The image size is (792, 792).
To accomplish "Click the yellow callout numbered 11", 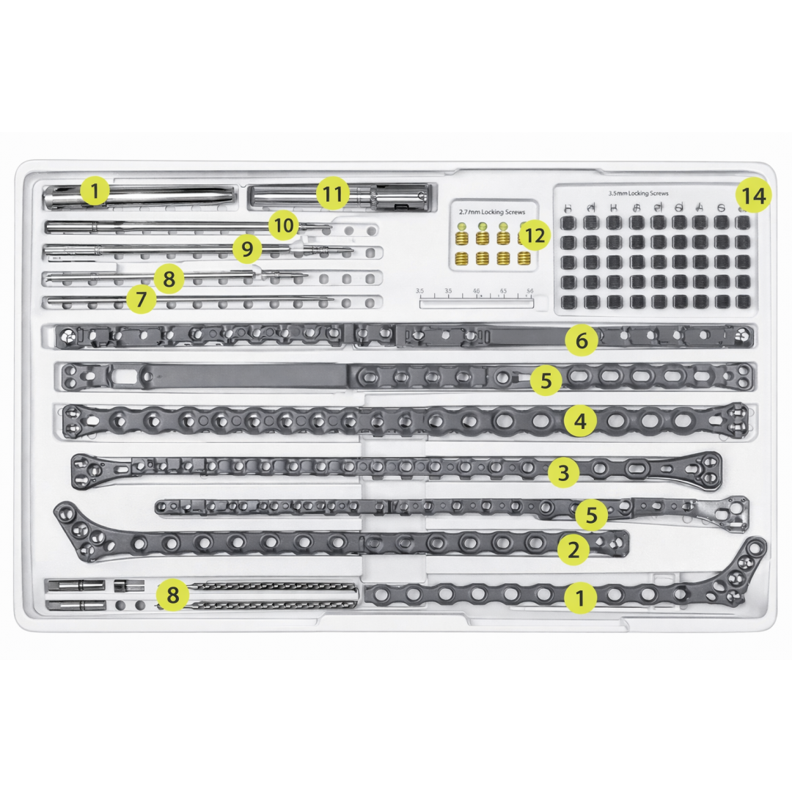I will click(333, 195).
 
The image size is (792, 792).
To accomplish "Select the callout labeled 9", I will click(247, 249).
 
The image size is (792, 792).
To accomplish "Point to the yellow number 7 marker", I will click(142, 298).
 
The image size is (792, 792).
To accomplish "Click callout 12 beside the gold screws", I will click(535, 235).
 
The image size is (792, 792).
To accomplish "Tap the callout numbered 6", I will click(582, 340).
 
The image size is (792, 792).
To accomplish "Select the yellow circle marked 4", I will click(580, 421).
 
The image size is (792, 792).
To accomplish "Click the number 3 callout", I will click(563, 473).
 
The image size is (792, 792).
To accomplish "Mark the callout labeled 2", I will click(573, 549).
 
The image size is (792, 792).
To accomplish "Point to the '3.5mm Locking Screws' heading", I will click(638, 193).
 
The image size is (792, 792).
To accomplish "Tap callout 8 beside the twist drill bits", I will click(172, 595).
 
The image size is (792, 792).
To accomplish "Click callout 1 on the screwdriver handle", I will click(95, 192).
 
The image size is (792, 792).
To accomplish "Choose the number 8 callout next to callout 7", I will click(169, 279).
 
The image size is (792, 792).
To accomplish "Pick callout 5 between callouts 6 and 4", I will click(546, 381).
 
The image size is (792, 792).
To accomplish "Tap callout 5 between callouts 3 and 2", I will click(592, 515).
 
